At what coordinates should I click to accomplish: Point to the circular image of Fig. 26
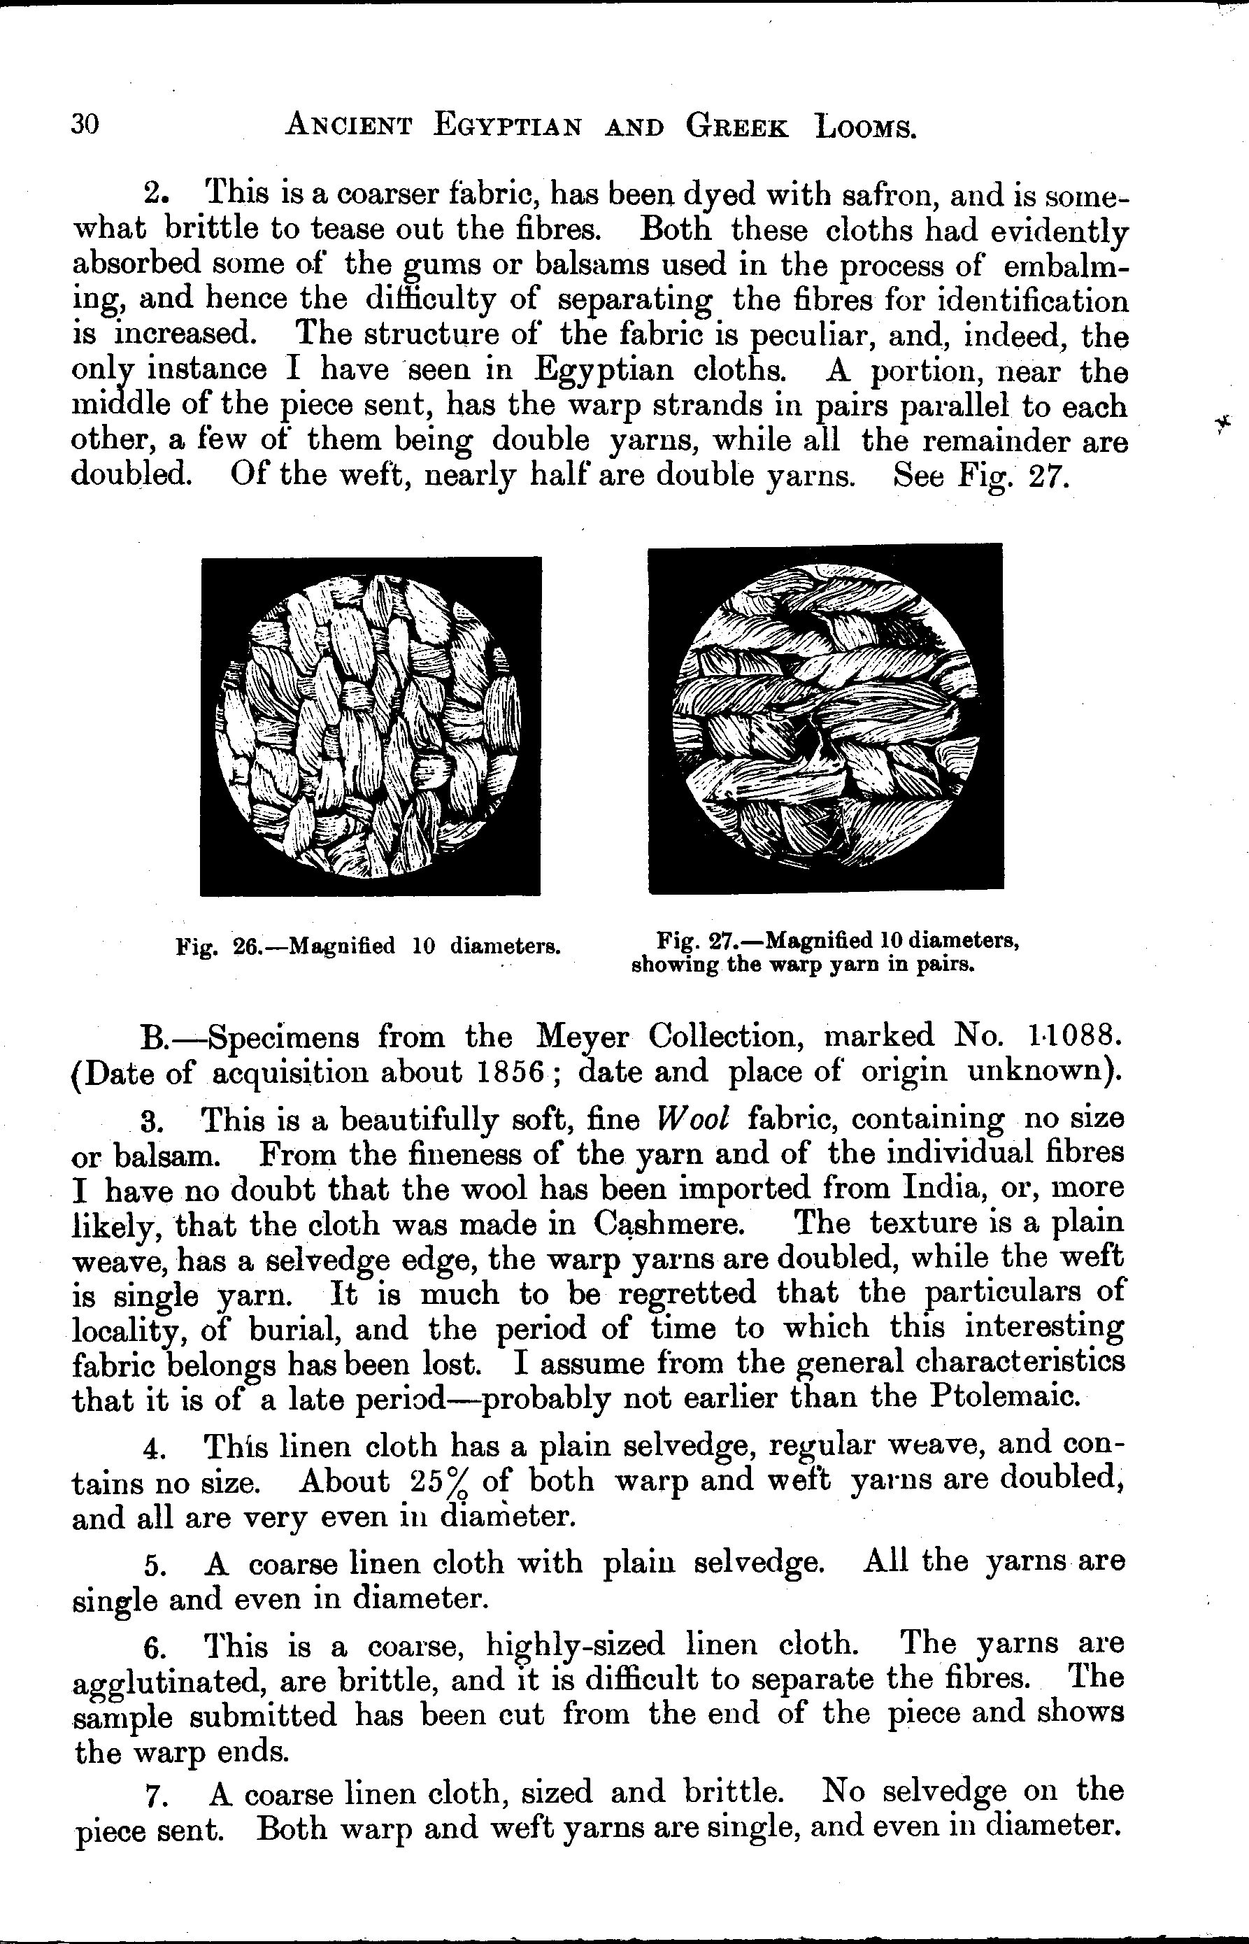pos(371,726)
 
